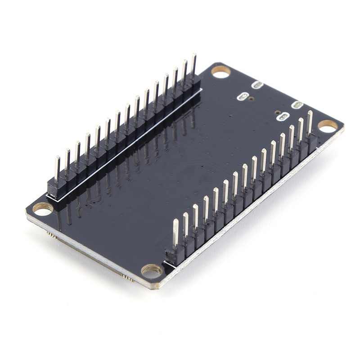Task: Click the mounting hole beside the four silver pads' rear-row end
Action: coord(221,72)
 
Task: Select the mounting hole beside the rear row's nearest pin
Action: coord(43,209)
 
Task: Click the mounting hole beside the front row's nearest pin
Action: coord(152,270)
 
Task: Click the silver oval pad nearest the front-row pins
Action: coord(283,117)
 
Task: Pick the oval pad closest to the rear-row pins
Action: coord(243,96)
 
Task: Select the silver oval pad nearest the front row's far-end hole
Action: coord(297,105)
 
